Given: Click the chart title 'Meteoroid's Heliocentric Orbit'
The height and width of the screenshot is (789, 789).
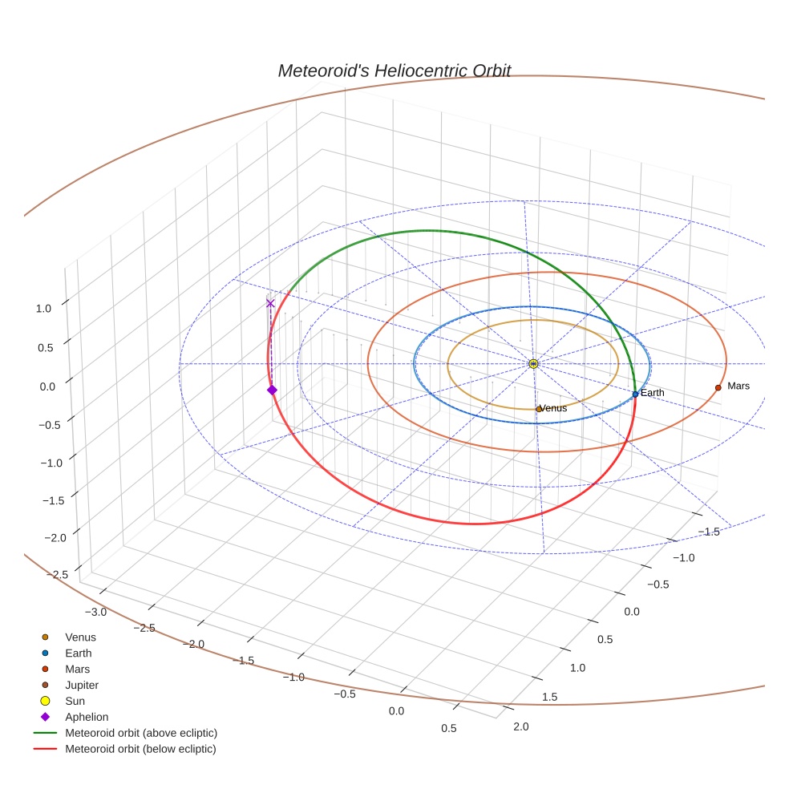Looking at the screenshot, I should click(394, 71).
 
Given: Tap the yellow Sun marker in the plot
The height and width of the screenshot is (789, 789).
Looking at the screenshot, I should click(533, 364).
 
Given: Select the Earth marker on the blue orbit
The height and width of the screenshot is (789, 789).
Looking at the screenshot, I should click(635, 394).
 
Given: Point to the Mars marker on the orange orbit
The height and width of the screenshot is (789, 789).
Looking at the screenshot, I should click(718, 387).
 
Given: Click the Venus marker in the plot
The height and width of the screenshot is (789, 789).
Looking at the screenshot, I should click(538, 409).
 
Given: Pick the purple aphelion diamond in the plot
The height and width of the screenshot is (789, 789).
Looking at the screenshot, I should click(272, 390).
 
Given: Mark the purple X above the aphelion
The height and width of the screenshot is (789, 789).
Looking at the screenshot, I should click(270, 303).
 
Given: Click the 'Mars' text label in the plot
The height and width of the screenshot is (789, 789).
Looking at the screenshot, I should click(738, 386).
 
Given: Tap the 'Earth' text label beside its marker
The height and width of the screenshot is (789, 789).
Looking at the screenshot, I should click(653, 393).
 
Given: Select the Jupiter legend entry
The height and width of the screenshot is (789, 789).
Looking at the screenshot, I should click(81, 686).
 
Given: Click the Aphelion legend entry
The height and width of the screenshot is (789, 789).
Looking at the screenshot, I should click(86, 718).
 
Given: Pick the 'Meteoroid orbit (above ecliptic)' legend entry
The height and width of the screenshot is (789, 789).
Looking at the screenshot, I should click(141, 733).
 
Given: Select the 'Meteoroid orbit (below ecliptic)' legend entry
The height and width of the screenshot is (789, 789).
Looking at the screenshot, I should click(140, 749).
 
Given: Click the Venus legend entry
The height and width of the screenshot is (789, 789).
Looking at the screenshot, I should click(80, 637).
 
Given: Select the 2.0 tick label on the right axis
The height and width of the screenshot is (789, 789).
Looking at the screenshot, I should click(520, 726).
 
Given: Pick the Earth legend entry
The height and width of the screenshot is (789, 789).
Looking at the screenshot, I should click(78, 653).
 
